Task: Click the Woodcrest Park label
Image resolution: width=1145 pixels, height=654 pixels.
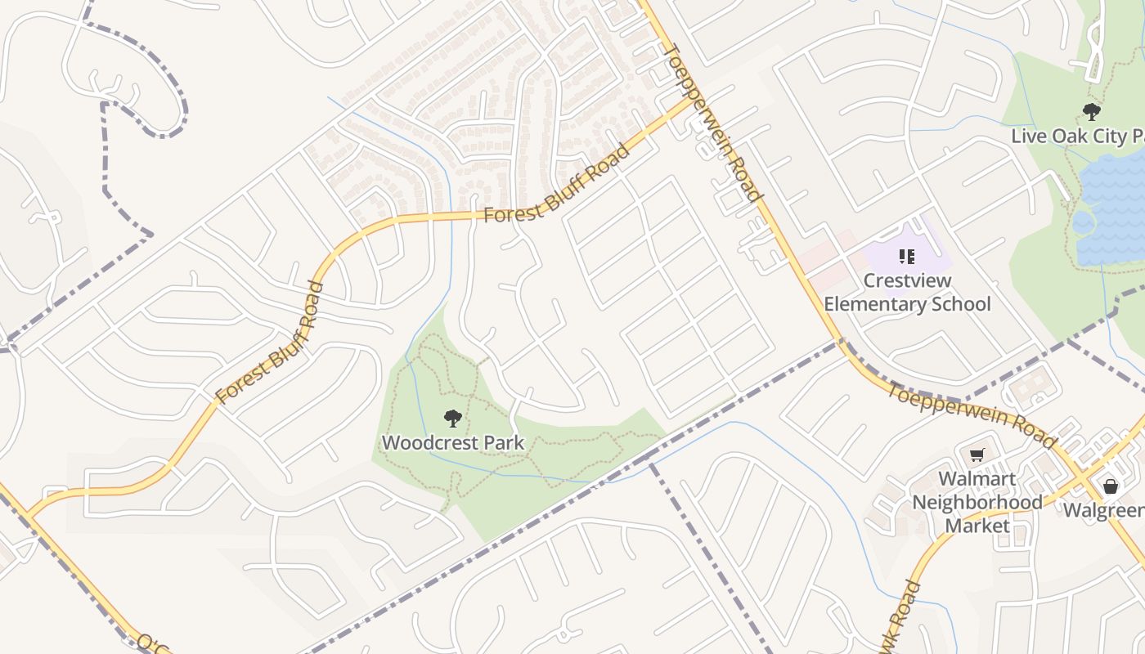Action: pyautogui.click(x=452, y=443)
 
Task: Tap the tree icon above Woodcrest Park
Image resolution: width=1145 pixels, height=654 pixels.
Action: pyautogui.click(x=452, y=419)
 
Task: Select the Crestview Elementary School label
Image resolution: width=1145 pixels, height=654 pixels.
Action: pyautogui.click(x=907, y=293)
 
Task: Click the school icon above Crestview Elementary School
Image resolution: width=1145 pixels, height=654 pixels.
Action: pyautogui.click(x=906, y=258)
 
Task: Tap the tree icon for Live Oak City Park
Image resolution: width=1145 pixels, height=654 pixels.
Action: pyautogui.click(x=1091, y=112)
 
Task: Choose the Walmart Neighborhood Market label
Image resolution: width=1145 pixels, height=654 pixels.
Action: pyautogui.click(x=977, y=502)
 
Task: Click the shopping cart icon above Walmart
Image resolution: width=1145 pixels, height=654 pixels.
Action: pyautogui.click(x=977, y=455)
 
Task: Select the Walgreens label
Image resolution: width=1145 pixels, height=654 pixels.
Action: pyautogui.click(x=1103, y=511)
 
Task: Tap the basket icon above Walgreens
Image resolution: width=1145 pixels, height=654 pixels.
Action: pyautogui.click(x=1110, y=486)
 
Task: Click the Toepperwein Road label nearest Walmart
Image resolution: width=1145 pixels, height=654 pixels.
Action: pyautogui.click(x=971, y=414)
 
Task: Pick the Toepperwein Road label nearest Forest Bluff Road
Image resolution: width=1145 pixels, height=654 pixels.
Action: pyautogui.click(x=712, y=123)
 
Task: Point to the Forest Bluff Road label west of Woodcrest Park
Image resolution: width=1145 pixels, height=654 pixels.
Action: pyautogui.click(x=269, y=343)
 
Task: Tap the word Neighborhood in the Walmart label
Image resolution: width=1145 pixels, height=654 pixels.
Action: pyautogui.click(x=977, y=502)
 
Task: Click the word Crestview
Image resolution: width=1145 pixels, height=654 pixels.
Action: pyautogui.click(x=908, y=281)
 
